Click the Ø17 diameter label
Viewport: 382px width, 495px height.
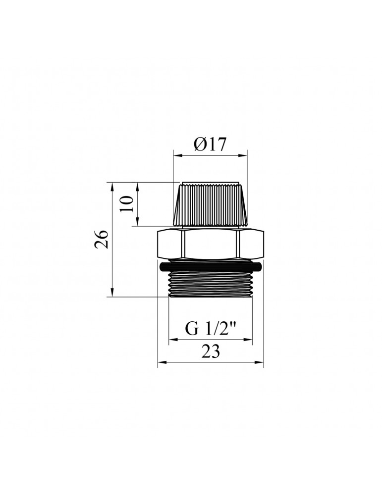tap(210, 145)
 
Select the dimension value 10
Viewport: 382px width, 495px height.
tap(127, 203)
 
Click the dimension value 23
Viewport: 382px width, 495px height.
tap(211, 352)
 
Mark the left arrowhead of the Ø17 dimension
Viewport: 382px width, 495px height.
tap(176, 156)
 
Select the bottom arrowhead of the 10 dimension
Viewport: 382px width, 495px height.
tap(137, 223)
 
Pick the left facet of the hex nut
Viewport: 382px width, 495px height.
tap(169, 243)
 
